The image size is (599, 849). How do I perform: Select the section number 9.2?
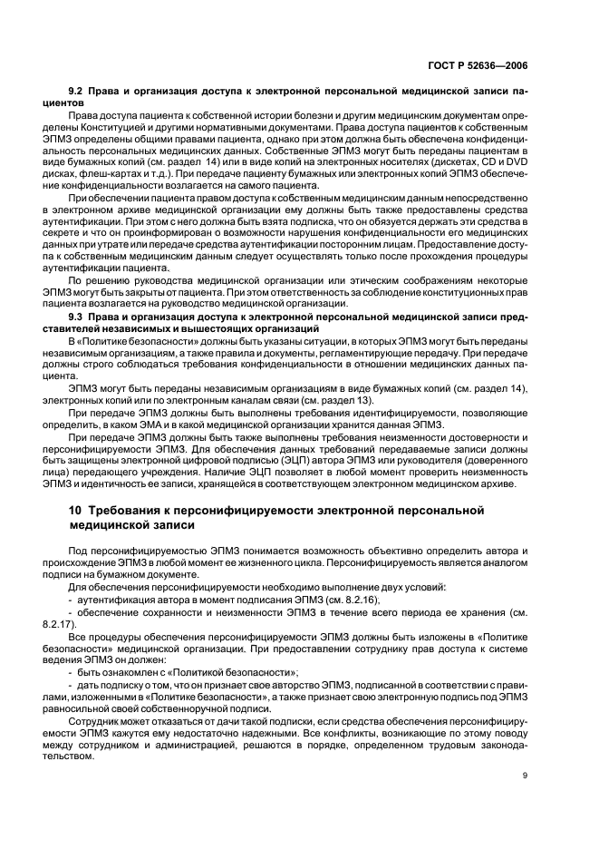[x=79, y=92]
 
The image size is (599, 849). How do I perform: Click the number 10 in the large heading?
[x=66, y=511]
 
